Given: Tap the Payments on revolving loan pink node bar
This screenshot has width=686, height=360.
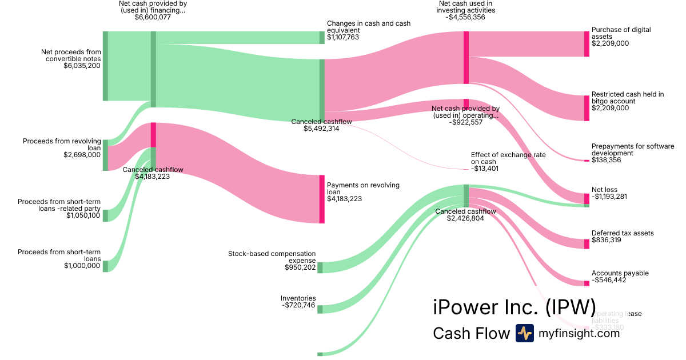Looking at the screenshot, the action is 322,199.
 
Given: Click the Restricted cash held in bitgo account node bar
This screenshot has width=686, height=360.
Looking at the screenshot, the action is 587,108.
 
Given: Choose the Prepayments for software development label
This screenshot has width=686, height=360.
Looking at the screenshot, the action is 633,150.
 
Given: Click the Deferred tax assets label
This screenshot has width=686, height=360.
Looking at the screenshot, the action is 623,233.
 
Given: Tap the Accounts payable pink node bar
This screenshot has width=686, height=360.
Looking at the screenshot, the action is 587,283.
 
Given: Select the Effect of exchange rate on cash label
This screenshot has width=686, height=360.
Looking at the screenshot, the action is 508,158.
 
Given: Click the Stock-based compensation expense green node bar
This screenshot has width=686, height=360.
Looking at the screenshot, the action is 320,267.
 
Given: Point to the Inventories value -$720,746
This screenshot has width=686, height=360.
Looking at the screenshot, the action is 298,305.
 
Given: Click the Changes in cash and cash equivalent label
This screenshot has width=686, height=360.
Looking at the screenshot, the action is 368,27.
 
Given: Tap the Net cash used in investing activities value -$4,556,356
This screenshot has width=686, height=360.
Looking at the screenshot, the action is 466,17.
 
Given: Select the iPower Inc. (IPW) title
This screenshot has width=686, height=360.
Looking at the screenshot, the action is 514,307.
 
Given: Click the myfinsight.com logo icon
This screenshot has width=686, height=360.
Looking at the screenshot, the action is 524,333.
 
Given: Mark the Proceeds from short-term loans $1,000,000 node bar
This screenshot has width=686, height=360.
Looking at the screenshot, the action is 105,266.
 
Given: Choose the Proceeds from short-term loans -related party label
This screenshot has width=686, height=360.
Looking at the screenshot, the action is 59,205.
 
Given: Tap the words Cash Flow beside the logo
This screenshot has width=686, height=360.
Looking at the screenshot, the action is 471,333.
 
